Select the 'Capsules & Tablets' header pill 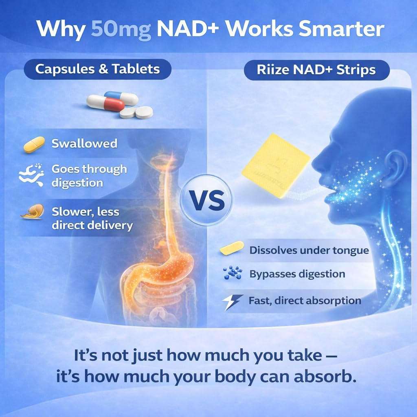pyautogui.click(x=97, y=69)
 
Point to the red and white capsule pyautogui.click(x=105, y=103)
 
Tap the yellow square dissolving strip pyautogui.click(x=276, y=165)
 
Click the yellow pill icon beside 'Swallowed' pyautogui.click(x=34, y=144)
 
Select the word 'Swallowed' pyautogui.click(x=84, y=143)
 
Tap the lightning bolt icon pyautogui.click(x=233, y=302)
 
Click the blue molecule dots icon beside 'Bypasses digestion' pyautogui.click(x=233, y=274)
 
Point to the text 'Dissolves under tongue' pyautogui.click(x=309, y=250)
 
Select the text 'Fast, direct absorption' pyautogui.click(x=305, y=301)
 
